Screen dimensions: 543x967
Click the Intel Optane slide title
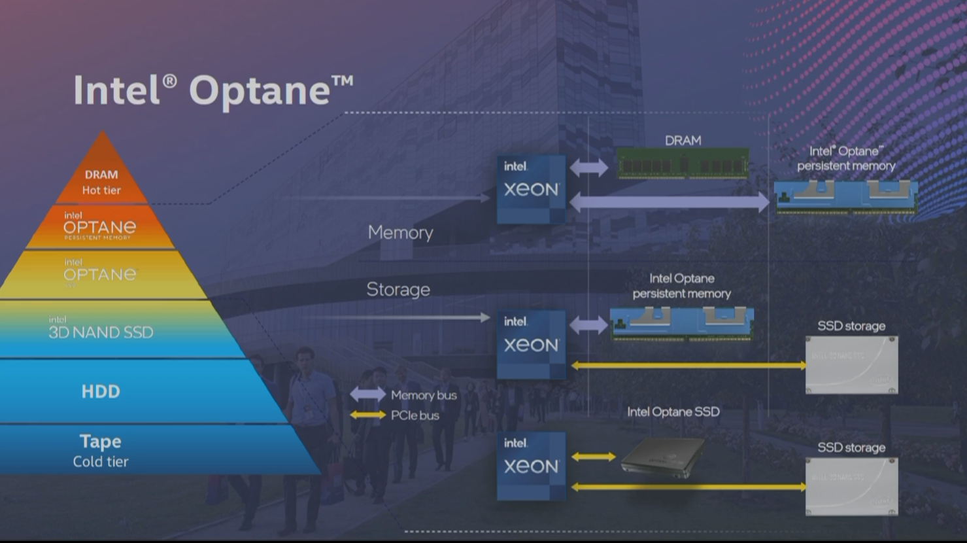212,90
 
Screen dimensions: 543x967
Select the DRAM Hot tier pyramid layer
101,183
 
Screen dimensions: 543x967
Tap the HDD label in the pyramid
101,391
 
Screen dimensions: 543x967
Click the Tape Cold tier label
101,450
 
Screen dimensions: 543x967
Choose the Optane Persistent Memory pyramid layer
100,226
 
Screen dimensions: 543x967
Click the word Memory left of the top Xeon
400,232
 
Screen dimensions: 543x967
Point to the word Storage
398,289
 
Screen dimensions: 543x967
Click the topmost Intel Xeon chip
531,189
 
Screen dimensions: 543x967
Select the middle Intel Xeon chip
531,344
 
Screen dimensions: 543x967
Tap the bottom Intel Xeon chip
531,466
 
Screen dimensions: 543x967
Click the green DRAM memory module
683,163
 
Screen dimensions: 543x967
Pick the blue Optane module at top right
845,196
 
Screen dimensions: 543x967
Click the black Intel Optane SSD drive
662,457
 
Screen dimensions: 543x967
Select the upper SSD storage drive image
851,365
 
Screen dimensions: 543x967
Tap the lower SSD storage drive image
851,486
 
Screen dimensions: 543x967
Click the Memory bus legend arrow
367,394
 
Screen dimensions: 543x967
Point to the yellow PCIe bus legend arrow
367,415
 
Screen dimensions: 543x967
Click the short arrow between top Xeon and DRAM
589,167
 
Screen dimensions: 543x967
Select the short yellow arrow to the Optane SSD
593,457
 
